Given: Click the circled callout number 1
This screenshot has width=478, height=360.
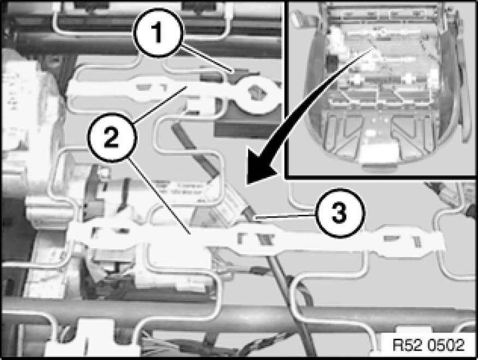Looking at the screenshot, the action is [158, 33].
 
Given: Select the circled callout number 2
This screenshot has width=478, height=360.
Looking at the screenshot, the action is [112, 137].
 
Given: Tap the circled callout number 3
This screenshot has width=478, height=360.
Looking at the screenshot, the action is [339, 213].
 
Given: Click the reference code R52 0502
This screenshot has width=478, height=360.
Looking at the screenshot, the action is [428, 345].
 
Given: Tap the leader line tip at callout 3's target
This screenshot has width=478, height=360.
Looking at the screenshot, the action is [256, 219].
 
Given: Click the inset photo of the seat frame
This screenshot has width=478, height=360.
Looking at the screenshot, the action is [382, 88].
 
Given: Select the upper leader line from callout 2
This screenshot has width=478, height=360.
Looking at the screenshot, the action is [160, 105].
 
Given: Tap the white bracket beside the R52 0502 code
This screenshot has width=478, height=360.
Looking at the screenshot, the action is [412, 330].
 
